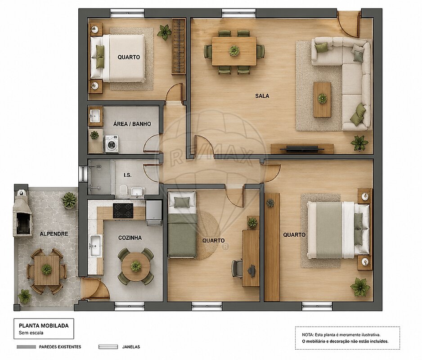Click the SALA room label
click(x=262, y=96)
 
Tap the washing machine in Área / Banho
click(x=112, y=144)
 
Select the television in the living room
click(x=302, y=148)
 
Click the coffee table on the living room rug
click(x=322, y=99)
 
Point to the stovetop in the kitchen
click(x=123, y=211)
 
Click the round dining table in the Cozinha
click(x=136, y=266)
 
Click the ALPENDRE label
click(x=54, y=234)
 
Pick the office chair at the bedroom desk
click(x=237, y=268)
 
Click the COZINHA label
click(x=130, y=238)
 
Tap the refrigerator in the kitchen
click(x=154, y=213)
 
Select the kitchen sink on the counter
click(x=95, y=246)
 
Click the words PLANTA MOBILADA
click(x=44, y=325)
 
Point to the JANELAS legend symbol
click(x=108, y=347)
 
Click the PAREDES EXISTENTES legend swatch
click(x=26, y=347)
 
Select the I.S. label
click(x=128, y=175)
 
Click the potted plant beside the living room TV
click(x=359, y=143)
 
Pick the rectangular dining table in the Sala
click(x=234, y=51)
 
